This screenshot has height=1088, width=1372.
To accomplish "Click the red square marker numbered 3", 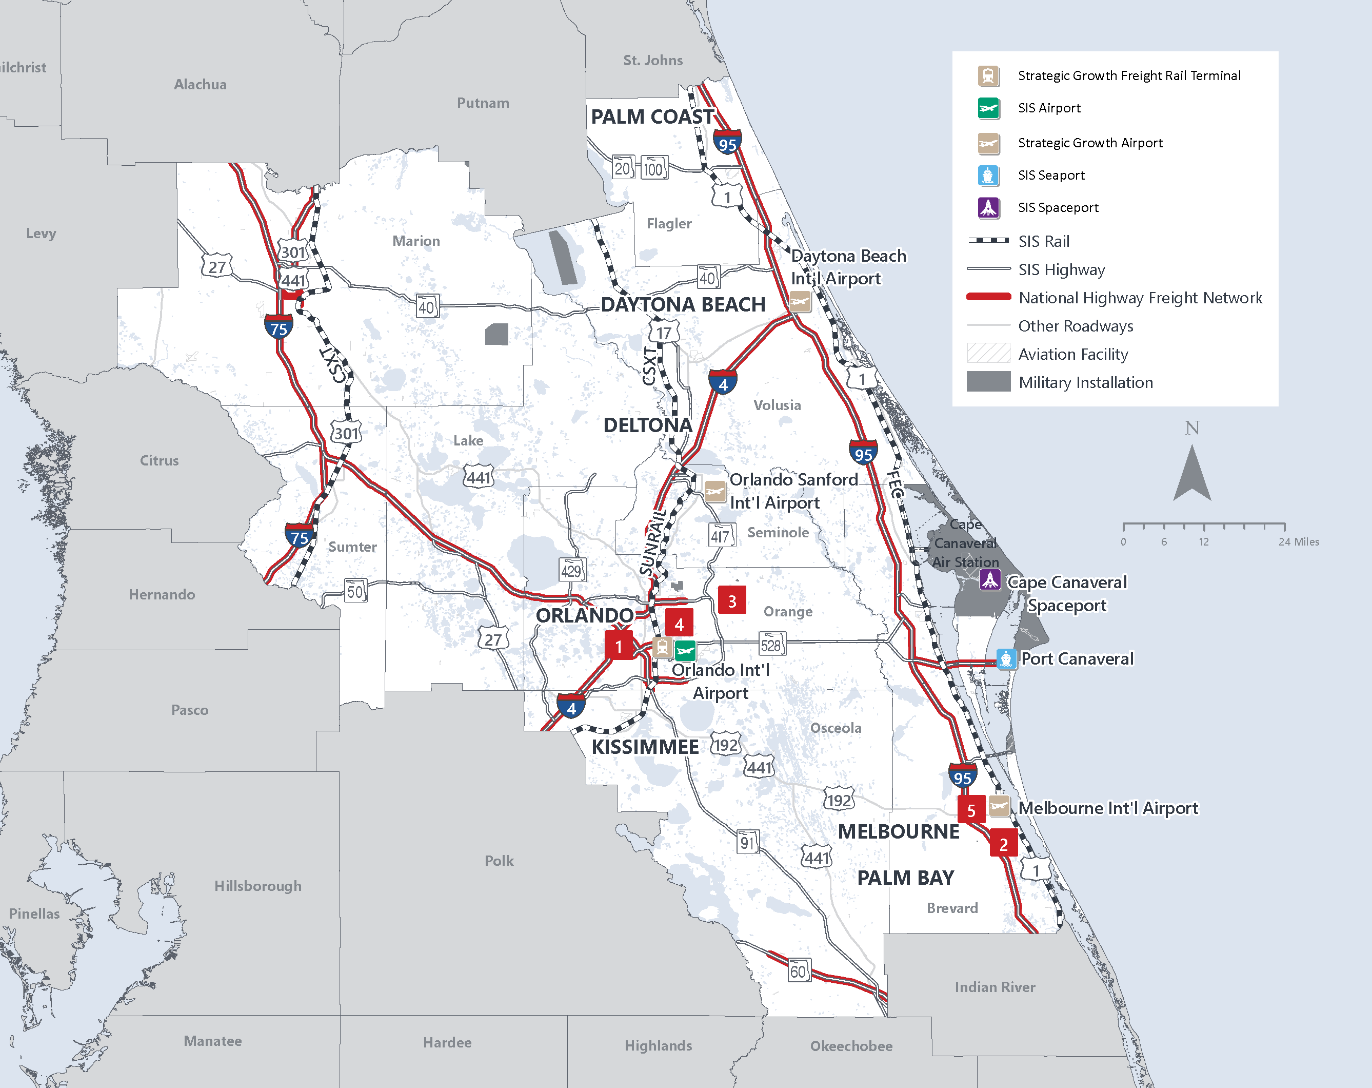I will click(x=732, y=600).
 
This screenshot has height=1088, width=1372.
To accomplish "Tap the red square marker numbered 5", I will click(x=971, y=810).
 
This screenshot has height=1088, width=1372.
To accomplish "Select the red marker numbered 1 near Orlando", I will click(x=619, y=646).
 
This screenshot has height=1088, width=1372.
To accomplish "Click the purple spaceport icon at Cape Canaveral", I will click(x=989, y=579).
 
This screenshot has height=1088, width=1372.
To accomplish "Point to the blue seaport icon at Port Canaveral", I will click(x=1005, y=658).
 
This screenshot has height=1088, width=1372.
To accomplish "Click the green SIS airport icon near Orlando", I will click(x=685, y=650).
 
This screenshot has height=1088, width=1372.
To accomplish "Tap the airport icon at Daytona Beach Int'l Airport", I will click(x=800, y=301).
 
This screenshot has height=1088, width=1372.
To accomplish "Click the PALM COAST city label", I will click(x=652, y=116).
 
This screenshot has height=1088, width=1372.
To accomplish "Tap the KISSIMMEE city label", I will click(x=645, y=747).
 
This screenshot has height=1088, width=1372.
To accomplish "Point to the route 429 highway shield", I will click(x=571, y=570).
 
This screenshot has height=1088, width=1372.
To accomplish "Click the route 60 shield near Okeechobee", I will click(x=798, y=971).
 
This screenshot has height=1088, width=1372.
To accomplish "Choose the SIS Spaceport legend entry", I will click(x=1058, y=207).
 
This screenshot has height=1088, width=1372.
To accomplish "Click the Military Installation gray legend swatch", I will click(x=988, y=381).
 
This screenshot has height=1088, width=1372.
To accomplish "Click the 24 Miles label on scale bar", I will click(x=1298, y=542).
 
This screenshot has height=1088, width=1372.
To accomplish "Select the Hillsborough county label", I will click(x=257, y=886).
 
